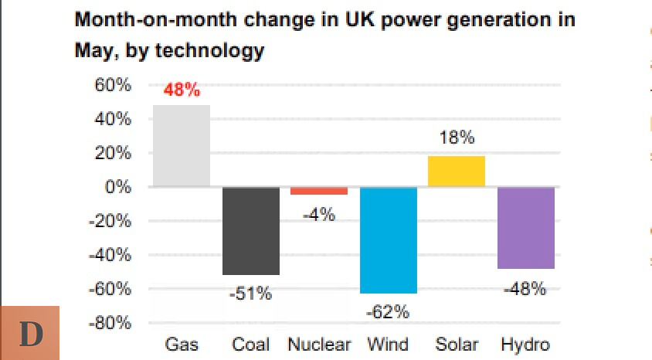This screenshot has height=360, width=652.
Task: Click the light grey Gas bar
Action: pyautogui.click(x=182, y=146)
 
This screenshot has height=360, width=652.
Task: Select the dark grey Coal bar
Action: pyautogui.click(x=250, y=231)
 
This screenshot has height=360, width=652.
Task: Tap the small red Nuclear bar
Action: pyautogui.click(x=319, y=191)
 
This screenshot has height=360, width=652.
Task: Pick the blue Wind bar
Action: pyautogui.click(x=388, y=240)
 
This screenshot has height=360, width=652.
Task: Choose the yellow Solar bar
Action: pyautogui.click(x=457, y=172)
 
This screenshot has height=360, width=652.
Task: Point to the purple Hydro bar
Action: pyautogui.click(x=525, y=228)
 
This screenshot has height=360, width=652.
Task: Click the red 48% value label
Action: pyautogui.click(x=182, y=90)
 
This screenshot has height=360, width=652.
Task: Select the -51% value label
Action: pyautogui.click(x=250, y=294)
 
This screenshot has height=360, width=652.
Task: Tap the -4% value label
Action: pyautogui.click(x=318, y=216)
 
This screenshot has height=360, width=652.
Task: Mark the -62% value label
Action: pyautogui.click(x=388, y=312)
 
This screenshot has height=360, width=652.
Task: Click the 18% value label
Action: pyautogui.click(x=457, y=139)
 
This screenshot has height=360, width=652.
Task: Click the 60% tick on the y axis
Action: pyautogui.click(x=113, y=85)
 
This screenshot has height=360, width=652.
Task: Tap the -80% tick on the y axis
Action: pyautogui.click(x=110, y=323)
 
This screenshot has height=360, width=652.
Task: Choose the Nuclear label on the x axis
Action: pyautogui.click(x=319, y=345)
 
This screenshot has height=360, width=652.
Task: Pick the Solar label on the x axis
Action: pyautogui.click(x=457, y=345)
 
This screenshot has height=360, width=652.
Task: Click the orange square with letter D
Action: pyautogui.click(x=31, y=333)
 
